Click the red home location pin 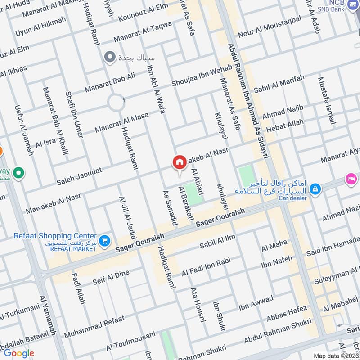click(180, 163)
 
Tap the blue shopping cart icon click(105, 241)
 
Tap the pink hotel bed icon click(351, 179)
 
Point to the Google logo click(19, 353)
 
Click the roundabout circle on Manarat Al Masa click(116, 103)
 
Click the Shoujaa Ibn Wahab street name click(202, 76)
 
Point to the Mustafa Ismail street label click(327, 101)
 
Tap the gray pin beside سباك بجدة click(109, 57)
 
